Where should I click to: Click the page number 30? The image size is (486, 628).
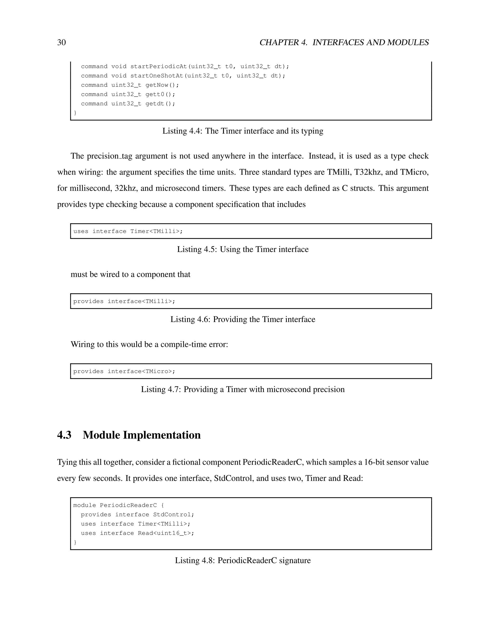click(x=61, y=43)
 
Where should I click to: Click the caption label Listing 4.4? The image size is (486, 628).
click(x=182, y=131)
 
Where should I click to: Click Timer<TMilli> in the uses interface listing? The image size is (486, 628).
click(x=156, y=232)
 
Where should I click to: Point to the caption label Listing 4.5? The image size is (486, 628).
click(x=197, y=249)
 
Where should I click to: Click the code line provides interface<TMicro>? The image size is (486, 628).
click(x=124, y=372)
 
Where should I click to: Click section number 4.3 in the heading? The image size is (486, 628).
click(x=64, y=435)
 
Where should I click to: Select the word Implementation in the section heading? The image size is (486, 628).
click(x=162, y=435)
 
